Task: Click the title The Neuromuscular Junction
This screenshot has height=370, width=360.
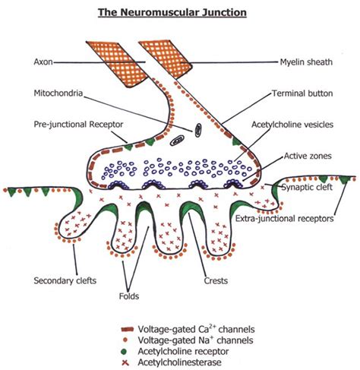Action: click(172, 13)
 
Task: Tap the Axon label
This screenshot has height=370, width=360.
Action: click(43, 62)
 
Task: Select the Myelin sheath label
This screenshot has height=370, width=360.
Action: click(306, 62)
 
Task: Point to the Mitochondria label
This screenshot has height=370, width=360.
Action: click(58, 93)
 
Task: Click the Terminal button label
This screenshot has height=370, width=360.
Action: click(302, 93)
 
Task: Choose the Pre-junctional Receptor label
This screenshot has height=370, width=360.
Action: click(78, 125)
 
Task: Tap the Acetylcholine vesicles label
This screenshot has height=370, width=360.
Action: click(292, 125)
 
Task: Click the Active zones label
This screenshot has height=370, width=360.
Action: click(308, 156)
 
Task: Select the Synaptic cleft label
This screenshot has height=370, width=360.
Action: click(307, 188)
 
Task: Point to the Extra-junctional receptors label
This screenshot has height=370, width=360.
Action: click(285, 218)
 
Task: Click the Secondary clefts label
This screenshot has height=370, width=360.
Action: click(65, 280)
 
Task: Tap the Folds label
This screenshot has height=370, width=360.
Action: click(129, 296)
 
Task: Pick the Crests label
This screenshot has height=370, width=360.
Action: click(216, 280)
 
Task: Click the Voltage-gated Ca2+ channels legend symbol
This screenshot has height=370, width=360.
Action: click(128, 330)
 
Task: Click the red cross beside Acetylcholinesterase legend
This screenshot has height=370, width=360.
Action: click(125, 363)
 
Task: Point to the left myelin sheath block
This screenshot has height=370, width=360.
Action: click(117, 64)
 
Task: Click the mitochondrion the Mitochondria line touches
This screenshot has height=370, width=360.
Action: click(198, 130)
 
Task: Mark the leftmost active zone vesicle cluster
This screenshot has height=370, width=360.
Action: click(118, 185)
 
